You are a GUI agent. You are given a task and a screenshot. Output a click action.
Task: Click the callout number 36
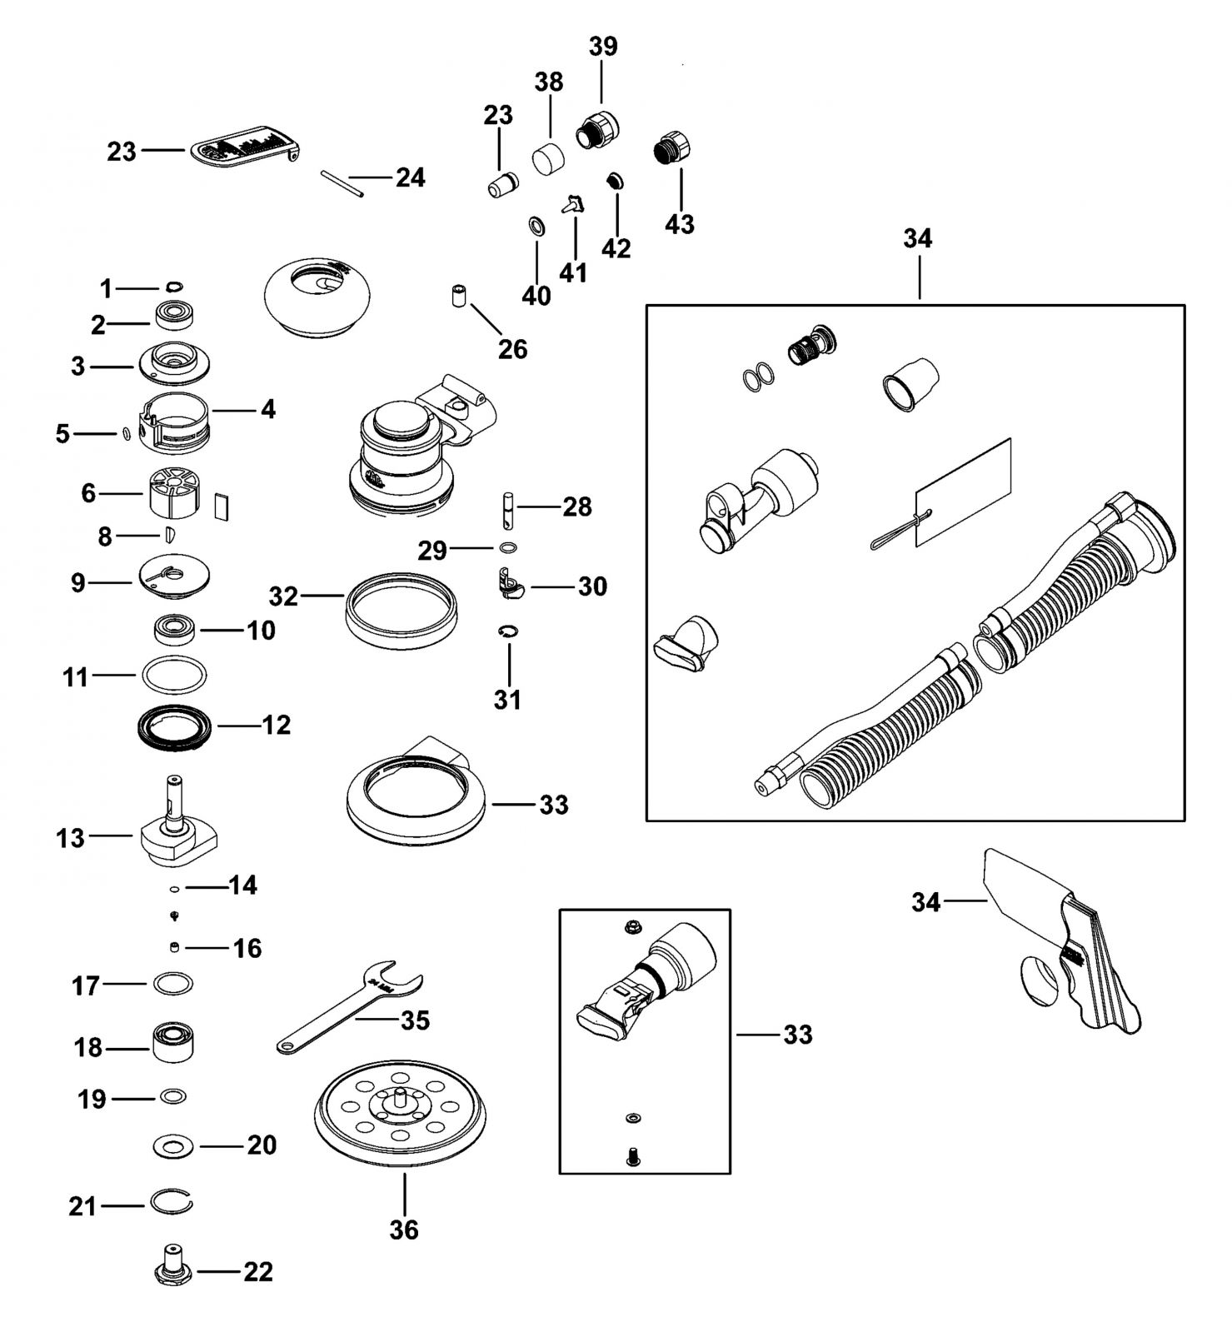tap(404, 1229)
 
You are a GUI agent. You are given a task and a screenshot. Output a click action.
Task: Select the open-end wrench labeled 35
tap(350, 1007)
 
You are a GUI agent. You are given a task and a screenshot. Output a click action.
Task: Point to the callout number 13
tap(70, 837)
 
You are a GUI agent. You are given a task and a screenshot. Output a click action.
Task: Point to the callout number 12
tap(277, 725)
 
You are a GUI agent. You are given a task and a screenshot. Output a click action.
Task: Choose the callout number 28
tap(577, 506)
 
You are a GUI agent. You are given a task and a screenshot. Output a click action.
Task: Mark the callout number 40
tap(536, 296)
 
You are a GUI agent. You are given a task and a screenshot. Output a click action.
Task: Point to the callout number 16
tap(247, 948)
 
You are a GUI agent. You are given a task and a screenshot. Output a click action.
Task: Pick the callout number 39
tap(603, 46)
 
